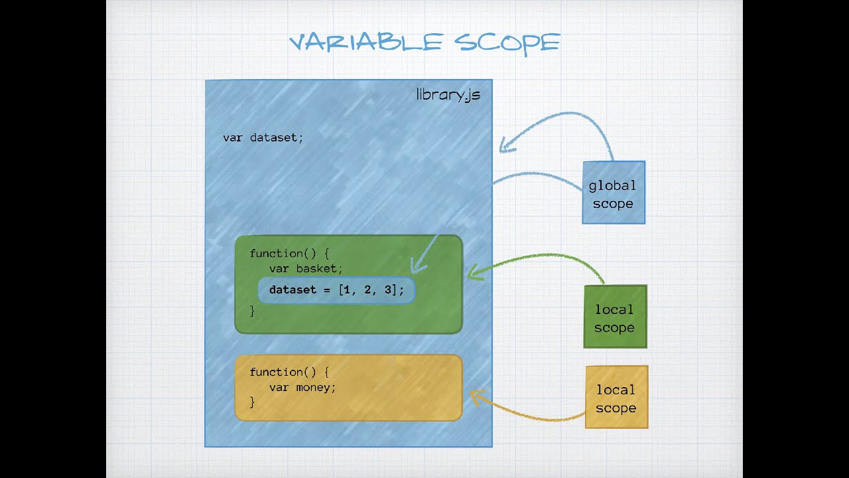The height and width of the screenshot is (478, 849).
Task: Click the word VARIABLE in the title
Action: tap(366, 42)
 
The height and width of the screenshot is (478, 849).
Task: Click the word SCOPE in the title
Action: tap(507, 43)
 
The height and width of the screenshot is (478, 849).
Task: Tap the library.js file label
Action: tap(448, 95)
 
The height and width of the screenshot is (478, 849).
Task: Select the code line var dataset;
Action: tap(263, 137)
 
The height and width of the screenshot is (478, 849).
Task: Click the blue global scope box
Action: tap(614, 193)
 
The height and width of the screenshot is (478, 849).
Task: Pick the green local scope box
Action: tap(615, 317)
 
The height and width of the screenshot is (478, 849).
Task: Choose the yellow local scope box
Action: tap(617, 397)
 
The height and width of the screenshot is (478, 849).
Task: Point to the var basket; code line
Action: tap(306, 269)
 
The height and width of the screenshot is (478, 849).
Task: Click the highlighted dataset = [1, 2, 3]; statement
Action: tap(336, 290)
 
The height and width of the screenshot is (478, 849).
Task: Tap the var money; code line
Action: tap(302, 388)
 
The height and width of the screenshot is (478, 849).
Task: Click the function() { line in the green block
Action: tap(289, 254)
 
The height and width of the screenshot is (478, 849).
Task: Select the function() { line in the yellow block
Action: tap(289, 372)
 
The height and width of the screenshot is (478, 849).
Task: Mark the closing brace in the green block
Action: tap(252, 311)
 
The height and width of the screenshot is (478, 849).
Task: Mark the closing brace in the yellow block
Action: tap(252, 402)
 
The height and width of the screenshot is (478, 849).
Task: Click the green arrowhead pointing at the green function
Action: tap(475, 272)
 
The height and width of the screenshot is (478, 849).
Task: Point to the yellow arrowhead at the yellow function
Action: tap(478, 397)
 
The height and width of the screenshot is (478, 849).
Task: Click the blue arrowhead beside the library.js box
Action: tap(507, 145)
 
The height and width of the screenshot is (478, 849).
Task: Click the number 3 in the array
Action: tap(388, 290)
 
